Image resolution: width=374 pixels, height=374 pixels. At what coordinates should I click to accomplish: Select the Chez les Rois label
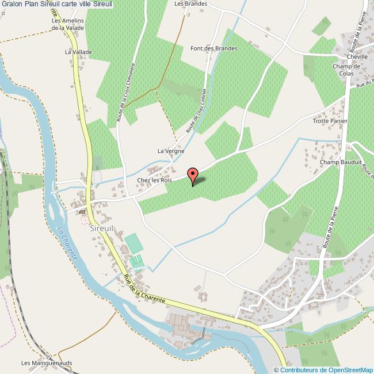(x=154, y=181)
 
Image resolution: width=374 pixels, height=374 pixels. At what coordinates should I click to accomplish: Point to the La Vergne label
(x=171, y=151)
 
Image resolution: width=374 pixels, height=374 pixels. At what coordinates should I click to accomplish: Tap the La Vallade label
(x=78, y=52)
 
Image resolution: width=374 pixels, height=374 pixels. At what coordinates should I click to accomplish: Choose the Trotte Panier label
(x=327, y=121)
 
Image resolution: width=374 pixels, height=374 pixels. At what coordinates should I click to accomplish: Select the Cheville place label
(x=357, y=57)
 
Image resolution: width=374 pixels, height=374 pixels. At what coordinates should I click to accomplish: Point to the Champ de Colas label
(x=346, y=70)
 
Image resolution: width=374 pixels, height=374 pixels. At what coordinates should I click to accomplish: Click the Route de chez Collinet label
(x=197, y=109)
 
